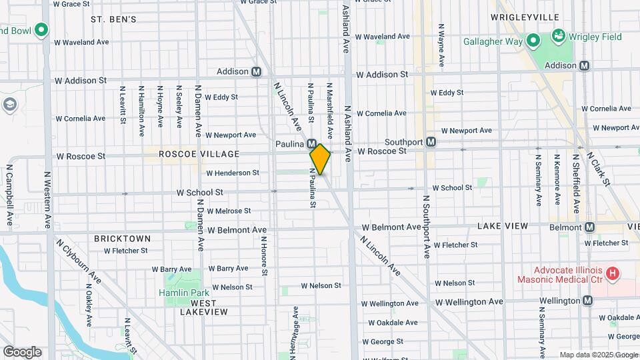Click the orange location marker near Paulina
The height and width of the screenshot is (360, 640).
(x=320, y=159)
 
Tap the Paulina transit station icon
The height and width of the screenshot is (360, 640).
(x=312, y=144)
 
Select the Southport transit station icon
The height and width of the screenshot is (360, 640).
(x=431, y=141)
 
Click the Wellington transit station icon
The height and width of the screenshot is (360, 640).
(x=587, y=301)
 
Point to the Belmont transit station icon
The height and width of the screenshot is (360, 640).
(x=589, y=227)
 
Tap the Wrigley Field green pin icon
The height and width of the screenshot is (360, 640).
(x=557, y=35)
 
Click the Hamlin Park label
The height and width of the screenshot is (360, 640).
(x=183, y=292)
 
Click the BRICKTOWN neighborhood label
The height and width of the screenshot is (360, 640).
(x=122, y=238)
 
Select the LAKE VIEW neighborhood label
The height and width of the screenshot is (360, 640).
(x=503, y=227)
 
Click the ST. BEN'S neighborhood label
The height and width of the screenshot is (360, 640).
(x=113, y=19)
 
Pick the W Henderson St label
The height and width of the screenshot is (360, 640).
(x=232, y=173)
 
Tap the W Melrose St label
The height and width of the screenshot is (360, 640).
(x=228, y=211)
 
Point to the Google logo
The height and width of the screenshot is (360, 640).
(x=22, y=351)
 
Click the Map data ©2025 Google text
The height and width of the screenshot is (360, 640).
(x=598, y=355)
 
